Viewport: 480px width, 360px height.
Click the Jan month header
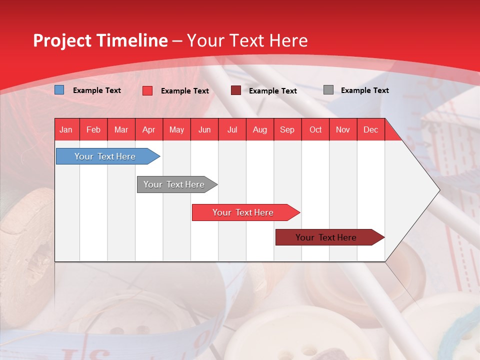click(x=66, y=129)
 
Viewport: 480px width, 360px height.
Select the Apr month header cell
click(x=148, y=129)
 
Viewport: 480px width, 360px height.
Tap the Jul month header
click(x=232, y=129)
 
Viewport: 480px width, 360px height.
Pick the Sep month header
click(x=287, y=129)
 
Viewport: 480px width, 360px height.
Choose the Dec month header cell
click(x=370, y=129)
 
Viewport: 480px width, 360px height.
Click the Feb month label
click(x=93, y=129)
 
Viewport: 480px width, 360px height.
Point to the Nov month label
click(x=343, y=129)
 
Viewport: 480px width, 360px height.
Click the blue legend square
click(x=59, y=90)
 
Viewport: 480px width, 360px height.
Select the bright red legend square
click(x=147, y=90)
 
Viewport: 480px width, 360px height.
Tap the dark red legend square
click(x=236, y=90)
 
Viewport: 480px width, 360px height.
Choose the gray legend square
click(x=328, y=90)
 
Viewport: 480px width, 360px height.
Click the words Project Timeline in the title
click(x=100, y=40)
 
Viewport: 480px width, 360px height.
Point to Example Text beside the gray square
click(x=364, y=90)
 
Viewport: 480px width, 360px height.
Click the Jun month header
click(x=204, y=129)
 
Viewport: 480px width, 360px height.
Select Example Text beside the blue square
click(x=97, y=90)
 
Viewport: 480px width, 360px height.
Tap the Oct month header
click(x=315, y=129)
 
